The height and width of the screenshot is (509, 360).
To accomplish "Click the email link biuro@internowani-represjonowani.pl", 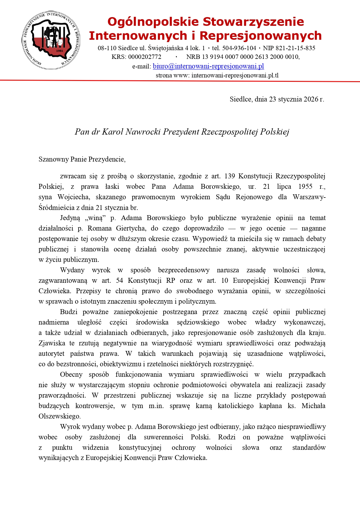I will click(208, 66).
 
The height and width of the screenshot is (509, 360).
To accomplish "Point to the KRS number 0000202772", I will click(144, 57).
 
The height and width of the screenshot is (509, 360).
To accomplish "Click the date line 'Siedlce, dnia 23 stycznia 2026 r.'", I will click(277, 99).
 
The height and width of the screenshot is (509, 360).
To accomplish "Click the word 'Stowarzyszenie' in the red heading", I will click(253, 22).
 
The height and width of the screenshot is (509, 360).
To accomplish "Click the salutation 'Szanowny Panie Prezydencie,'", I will click(82, 159).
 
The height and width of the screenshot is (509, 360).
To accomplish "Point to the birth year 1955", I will click(305, 186).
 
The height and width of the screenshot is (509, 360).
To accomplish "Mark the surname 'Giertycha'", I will click(131, 228).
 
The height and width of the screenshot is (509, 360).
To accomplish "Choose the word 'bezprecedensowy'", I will click(184, 270).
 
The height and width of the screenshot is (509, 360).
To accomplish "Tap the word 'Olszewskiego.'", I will click(59, 416).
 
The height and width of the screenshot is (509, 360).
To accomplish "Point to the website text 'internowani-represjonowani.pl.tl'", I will click(235, 75).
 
